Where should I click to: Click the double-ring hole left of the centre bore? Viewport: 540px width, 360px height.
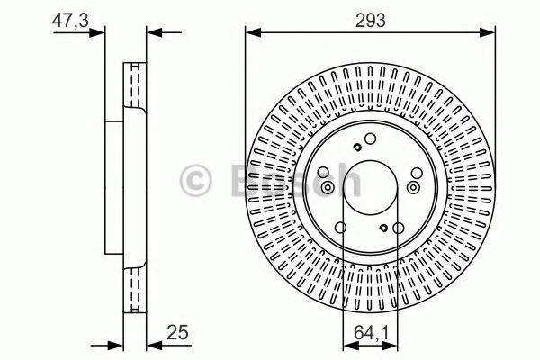(x=328, y=187)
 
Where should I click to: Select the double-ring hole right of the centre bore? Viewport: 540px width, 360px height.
(x=413, y=186)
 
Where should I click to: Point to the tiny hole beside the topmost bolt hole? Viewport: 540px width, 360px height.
(x=357, y=148)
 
